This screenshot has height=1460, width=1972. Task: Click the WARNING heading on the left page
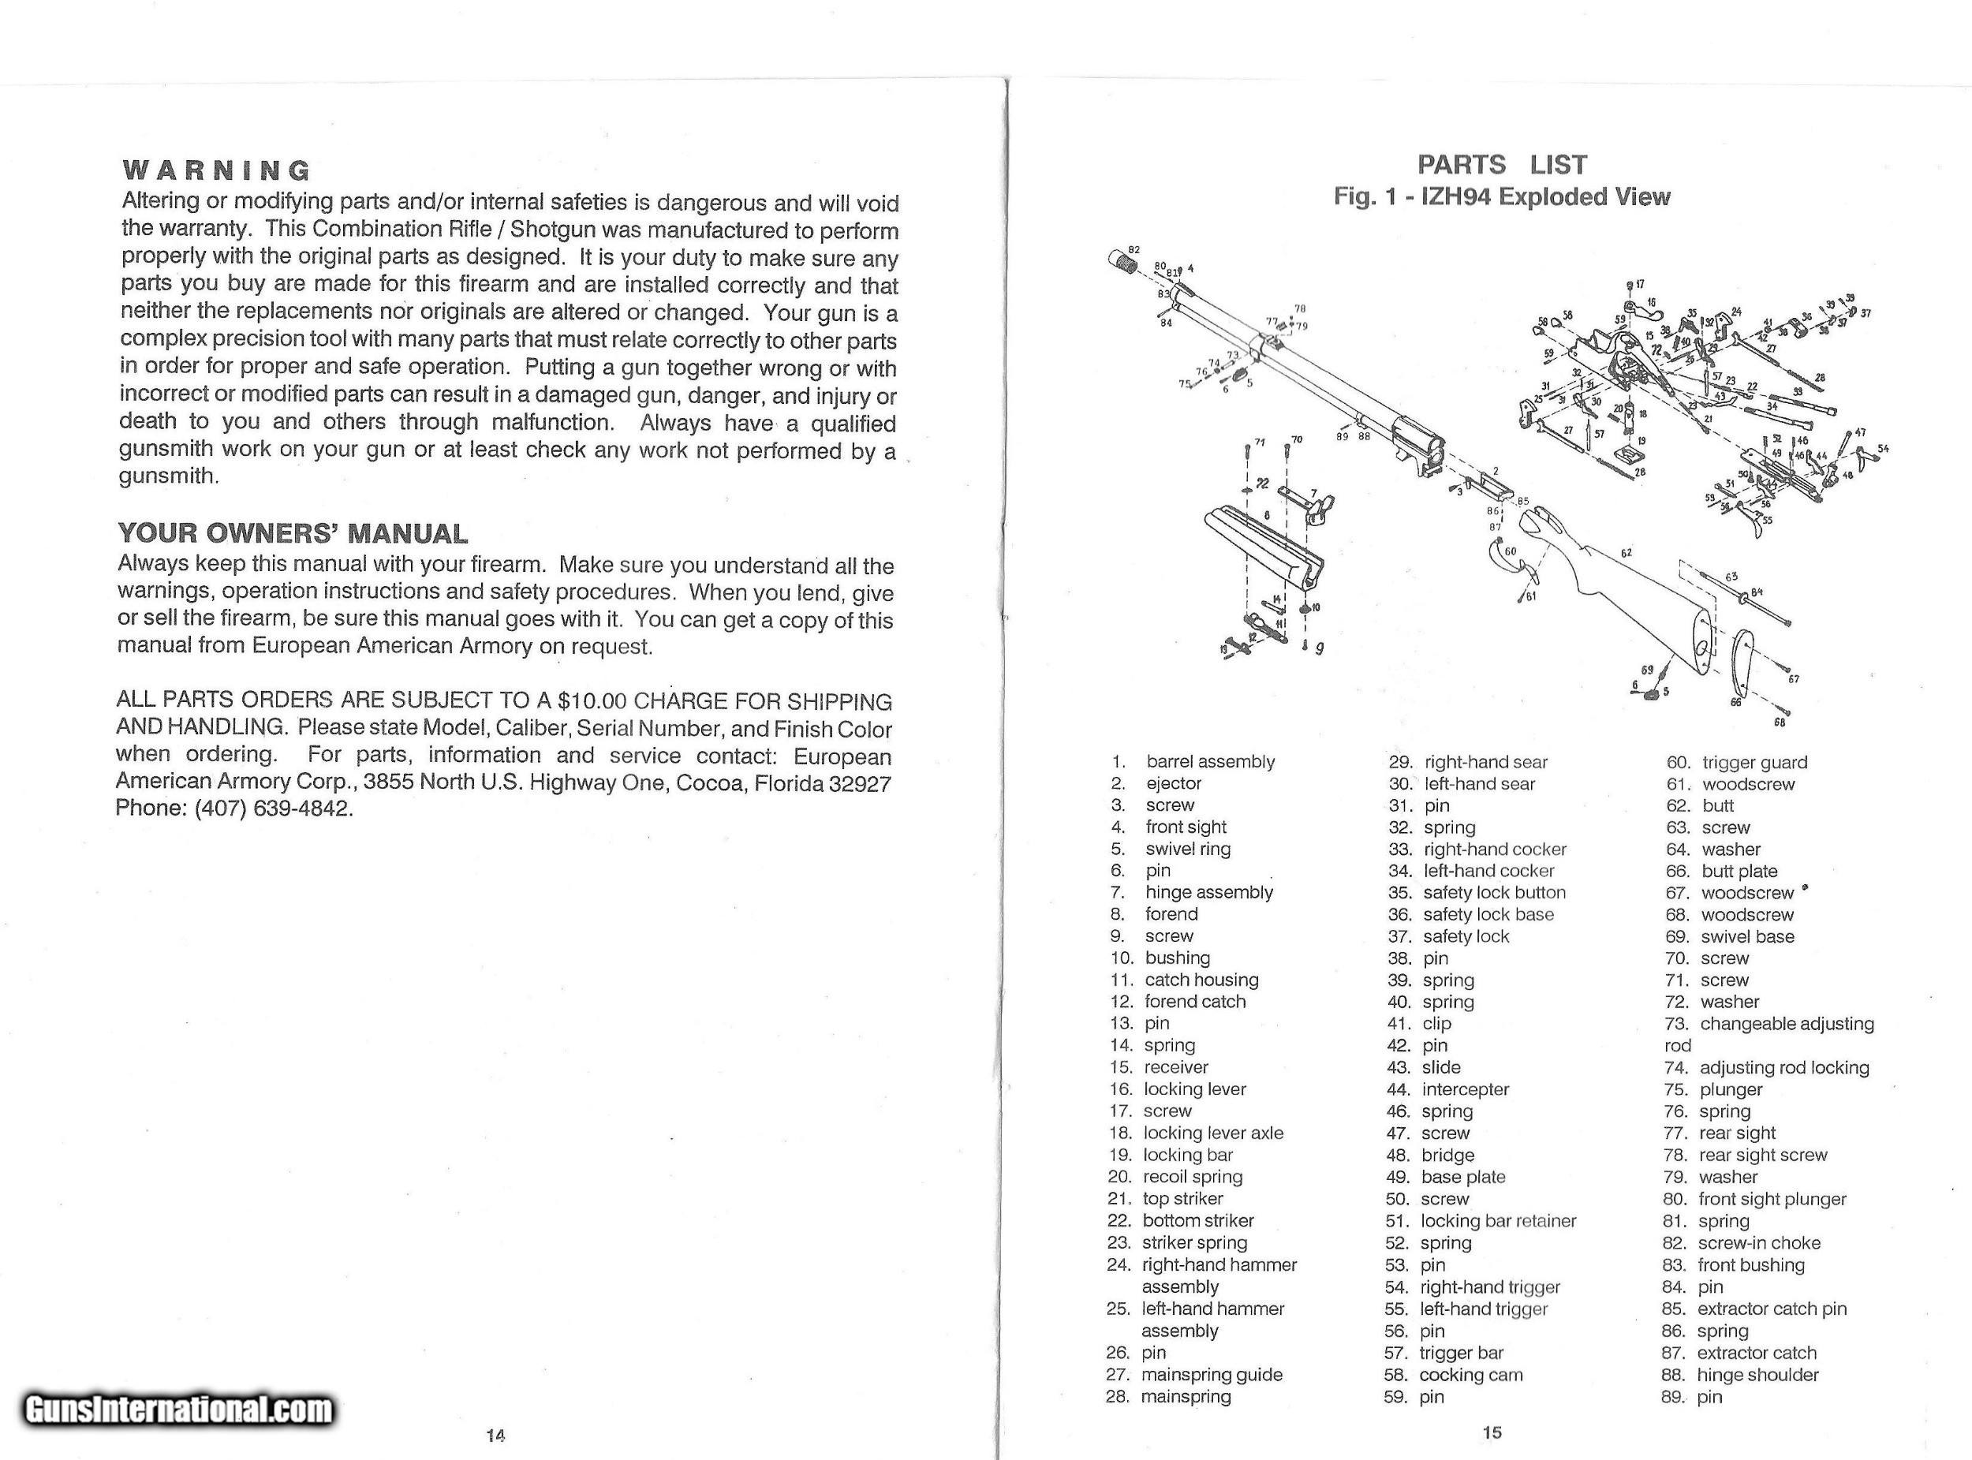click(217, 170)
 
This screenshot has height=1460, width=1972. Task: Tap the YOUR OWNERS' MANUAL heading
click(293, 534)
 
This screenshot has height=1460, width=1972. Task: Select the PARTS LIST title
click(1502, 164)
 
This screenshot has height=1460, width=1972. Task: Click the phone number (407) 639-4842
click(274, 808)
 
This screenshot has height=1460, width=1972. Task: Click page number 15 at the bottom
click(1492, 1432)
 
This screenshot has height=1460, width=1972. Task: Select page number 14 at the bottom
click(495, 1435)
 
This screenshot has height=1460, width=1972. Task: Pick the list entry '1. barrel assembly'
click(1193, 762)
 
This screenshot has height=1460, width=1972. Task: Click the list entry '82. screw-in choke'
click(1742, 1242)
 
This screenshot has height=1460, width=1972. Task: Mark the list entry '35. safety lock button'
click(1477, 893)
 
